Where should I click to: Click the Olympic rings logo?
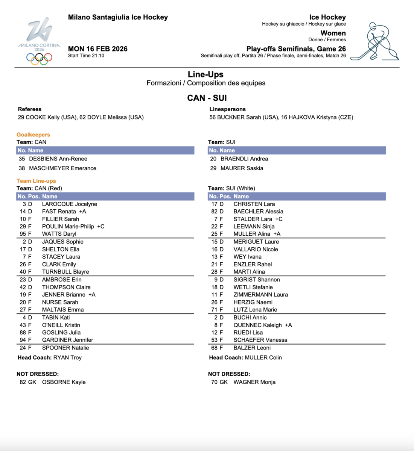pos(39,58)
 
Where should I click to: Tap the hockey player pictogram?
pos(375,41)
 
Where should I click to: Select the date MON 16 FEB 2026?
pos(97,49)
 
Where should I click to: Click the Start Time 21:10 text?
pos(86,56)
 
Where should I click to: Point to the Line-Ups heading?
pos(205,74)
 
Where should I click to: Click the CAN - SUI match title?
pos(207,98)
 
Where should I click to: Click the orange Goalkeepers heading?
pos(33,135)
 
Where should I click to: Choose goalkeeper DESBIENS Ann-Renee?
pos(58,159)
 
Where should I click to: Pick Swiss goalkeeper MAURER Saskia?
pos(242,168)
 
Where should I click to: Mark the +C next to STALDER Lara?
pos(279,219)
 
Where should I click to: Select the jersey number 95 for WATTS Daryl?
pos(23,234)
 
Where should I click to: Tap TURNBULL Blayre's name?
pos(65,272)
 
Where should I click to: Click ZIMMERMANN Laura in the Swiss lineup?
pos(260,295)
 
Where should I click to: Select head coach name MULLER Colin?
pos(263,357)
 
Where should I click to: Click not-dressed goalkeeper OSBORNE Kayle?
pos(64,382)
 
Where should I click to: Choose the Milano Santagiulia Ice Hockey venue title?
pos(118,17)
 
